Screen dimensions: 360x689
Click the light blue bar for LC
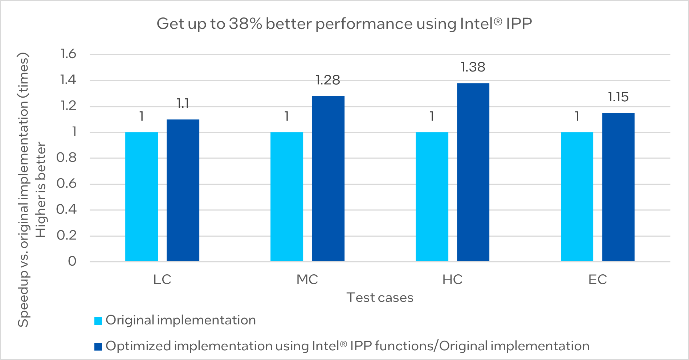pos(142,197)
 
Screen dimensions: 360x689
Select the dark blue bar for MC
pos(328,179)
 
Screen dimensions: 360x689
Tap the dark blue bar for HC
pos(473,172)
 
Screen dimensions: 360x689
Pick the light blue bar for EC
pos(577,197)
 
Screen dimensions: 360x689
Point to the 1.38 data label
pos(473,67)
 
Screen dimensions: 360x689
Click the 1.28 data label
pos(327,80)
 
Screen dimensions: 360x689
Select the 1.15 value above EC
pos(618,97)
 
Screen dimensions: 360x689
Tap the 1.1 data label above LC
pos(183,104)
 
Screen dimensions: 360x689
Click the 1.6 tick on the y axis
pos(68,54)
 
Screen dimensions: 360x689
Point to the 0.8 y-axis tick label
pos(66,157)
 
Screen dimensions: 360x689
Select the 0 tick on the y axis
pos(72,261)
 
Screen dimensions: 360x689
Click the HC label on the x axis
pos(452,279)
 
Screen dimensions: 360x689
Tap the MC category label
pos(307,279)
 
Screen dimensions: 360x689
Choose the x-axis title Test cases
pos(380,298)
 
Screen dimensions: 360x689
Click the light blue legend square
pos(98,321)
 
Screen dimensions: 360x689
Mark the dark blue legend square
pos(98,347)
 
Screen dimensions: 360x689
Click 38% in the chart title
pos(245,24)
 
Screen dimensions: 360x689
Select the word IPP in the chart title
pos(519,24)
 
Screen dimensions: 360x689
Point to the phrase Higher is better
pos(41,189)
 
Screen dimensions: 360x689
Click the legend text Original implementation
pos(181,320)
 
